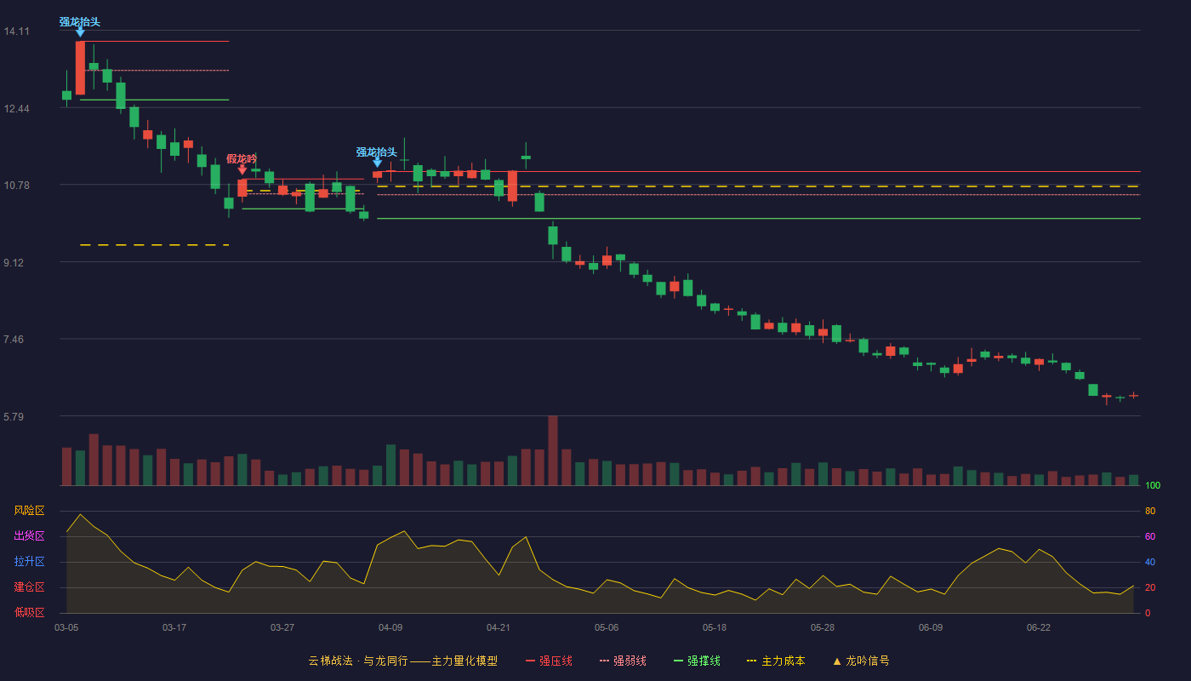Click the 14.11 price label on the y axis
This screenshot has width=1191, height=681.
point(16,31)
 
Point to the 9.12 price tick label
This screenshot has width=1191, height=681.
point(14,263)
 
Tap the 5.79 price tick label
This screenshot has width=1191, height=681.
point(14,416)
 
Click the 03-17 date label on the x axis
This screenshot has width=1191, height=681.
point(174,628)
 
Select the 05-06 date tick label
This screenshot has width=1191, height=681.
point(607,628)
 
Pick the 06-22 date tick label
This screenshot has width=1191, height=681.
point(1039,628)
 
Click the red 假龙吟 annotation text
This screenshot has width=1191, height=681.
point(242,158)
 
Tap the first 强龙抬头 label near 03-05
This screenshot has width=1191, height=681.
point(80,22)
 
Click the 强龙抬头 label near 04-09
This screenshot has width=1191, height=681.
point(376,152)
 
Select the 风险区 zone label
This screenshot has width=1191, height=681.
point(29,511)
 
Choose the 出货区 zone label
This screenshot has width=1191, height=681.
point(29,535)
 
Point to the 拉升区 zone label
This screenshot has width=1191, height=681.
point(29,561)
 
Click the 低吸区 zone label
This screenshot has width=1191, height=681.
point(29,612)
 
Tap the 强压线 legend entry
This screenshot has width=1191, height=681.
point(549,661)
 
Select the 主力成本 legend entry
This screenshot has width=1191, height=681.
point(776,661)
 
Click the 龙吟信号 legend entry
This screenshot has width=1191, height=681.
point(861,661)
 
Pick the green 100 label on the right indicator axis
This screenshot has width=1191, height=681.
point(1153,485)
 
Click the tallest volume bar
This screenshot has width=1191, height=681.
point(553,450)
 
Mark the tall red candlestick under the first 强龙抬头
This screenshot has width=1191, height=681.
point(80,67)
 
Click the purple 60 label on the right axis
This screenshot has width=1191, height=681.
point(1150,536)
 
